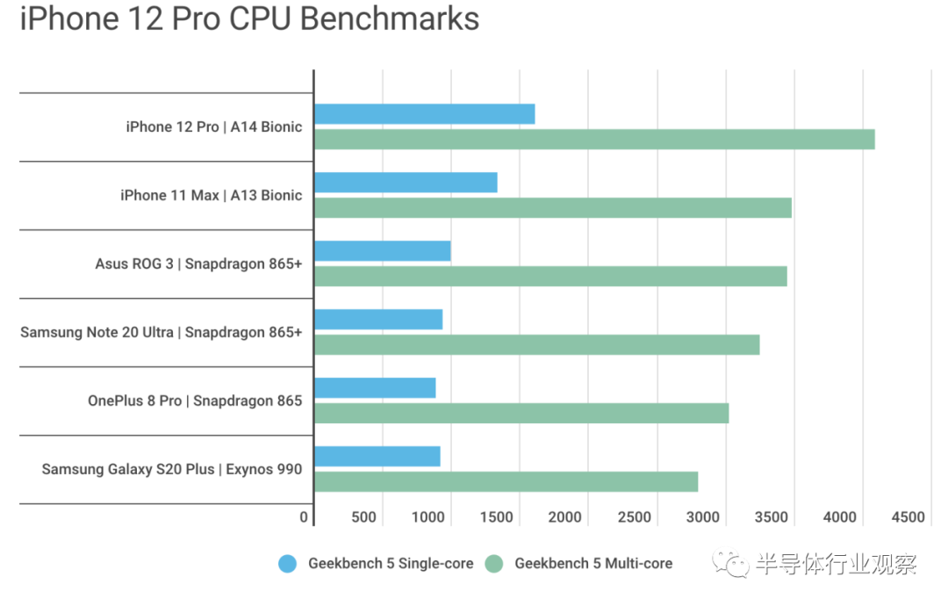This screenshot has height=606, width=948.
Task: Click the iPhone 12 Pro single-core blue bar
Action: [424, 114]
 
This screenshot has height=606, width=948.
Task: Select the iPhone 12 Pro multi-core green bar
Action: [594, 139]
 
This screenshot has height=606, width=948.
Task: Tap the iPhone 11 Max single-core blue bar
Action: [406, 183]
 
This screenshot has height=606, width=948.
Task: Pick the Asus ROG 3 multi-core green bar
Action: [550, 276]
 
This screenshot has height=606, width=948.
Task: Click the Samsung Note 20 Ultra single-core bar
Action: [378, 320]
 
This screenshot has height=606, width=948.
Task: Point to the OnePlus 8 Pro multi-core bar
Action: [521, 413]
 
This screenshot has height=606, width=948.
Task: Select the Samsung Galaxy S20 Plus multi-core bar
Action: [506, 481]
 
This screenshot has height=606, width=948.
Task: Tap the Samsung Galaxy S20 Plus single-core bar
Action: [377, 457]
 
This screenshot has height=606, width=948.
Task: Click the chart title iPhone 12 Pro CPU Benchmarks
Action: [249, 19]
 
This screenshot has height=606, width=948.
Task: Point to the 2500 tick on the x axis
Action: [633, 517]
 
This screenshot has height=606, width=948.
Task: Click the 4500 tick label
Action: [908, 517]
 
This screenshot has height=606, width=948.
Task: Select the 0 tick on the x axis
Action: [304, 517]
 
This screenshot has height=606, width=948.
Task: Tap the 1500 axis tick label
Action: [497, 517]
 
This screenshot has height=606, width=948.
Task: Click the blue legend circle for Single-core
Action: [288, 564]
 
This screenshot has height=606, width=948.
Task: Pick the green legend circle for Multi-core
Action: [495, 564]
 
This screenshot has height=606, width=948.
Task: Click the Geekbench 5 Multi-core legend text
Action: [593, 564]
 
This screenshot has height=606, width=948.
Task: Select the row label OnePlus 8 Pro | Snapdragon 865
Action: [195, 400]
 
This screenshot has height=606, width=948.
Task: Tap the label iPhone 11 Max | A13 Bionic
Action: [211, 195]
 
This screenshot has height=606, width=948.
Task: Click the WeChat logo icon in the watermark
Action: [730, 564]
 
